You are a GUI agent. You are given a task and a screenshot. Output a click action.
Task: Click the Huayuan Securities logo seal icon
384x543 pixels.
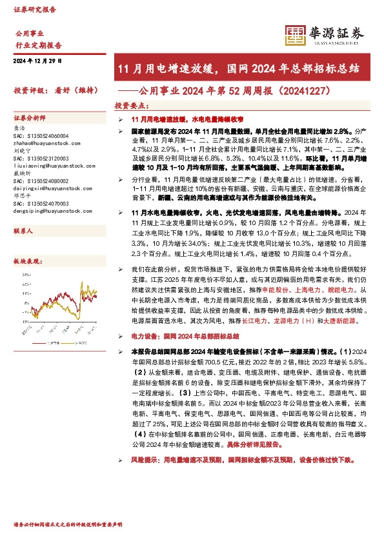tap(295, 34)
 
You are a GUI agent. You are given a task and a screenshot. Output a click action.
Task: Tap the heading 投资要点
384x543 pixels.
tap(132, 105)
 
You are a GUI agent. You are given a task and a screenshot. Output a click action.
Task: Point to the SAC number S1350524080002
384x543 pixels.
tap(40, 183)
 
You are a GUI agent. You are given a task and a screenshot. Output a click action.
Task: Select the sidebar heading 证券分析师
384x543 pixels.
tap(30, 119)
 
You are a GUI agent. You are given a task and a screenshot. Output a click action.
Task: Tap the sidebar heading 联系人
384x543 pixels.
tap(23, 230)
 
